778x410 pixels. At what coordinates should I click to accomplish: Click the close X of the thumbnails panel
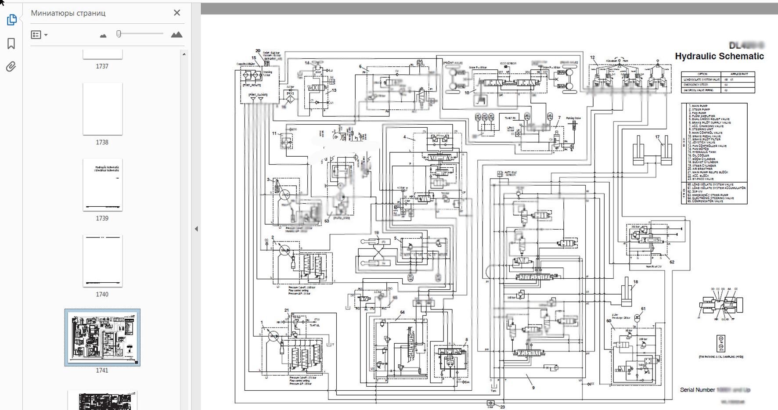[177, 13]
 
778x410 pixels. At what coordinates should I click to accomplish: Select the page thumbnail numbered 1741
[102, 337]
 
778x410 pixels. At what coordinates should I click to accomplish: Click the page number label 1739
[102, 218]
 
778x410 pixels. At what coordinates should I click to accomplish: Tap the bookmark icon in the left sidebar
[11, 43]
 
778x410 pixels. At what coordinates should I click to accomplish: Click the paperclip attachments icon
[11, 67]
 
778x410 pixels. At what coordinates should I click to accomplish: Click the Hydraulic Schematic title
[719, 56]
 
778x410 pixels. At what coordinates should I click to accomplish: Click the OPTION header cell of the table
[702, 74]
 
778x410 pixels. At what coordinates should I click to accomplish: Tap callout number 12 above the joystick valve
[592, 58]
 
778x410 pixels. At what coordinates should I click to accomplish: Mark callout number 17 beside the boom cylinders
[657, 137]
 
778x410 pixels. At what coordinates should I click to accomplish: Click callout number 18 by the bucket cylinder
[635, 282]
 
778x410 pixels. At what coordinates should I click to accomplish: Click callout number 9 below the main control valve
[533, 388]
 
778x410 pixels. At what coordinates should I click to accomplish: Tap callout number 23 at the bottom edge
[503, 407]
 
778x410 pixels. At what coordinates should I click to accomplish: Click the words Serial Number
[697, 390]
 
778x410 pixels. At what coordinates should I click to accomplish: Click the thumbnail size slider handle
[119, 34]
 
